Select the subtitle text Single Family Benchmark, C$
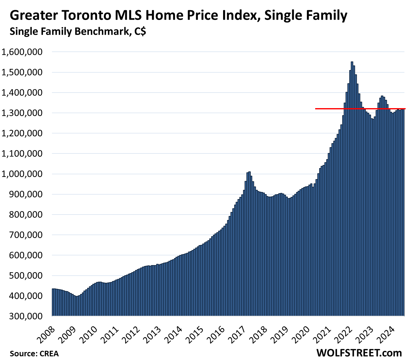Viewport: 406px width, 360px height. pyautogui.click(x=78, y=31)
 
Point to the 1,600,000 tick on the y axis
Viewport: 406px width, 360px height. pyautogui.click(x=22, y=52)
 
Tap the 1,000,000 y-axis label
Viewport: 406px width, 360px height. pyautogui.click(x=22, y=174)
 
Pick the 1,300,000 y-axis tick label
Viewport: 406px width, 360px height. pyautogui.click(x=22, y=113)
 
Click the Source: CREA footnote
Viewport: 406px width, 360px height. pyautogui.click(x=34, y=354)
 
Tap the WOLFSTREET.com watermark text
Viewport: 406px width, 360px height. pyautogui.click(x=359, y=353)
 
